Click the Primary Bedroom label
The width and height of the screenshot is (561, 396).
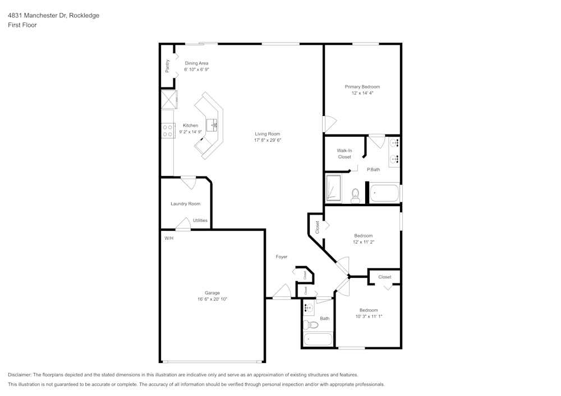362,87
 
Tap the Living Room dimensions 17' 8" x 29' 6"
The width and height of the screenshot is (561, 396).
267,141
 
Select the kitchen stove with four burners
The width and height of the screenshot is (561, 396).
167,131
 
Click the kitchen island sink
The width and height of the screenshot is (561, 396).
212,125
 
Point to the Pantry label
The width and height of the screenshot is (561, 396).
167,66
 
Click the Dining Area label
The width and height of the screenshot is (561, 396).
196,63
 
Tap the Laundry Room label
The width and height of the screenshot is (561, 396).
185,204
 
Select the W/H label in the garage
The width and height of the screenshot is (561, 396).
169,238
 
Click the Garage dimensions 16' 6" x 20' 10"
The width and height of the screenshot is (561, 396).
212,299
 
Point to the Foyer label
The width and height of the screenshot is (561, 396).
282,257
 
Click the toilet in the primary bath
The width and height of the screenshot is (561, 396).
355,196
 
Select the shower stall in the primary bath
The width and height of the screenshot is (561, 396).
334,188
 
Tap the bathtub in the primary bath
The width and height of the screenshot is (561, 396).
384,193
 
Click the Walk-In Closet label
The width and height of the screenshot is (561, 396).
344,154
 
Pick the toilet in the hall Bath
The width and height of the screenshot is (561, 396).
311,325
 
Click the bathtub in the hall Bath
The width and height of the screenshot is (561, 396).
318,339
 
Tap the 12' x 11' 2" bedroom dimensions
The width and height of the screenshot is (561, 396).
364,242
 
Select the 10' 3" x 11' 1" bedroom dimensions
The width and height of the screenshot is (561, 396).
369,316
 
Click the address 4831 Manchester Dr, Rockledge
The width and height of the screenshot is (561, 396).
54,15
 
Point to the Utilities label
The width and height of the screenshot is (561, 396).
200,220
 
